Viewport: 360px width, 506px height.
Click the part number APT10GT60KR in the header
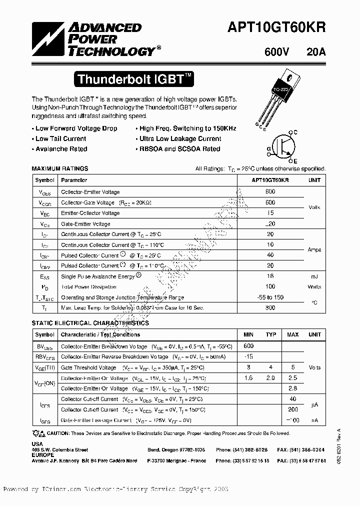pyautogui.click(x=284, y=28)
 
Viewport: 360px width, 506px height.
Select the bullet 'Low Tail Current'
pyautogui.click(x=60, y=138)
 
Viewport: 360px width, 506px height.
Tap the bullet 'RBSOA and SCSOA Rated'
pyautogui.click(x=179, y=149)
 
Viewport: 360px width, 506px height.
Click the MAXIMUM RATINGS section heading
pyautogui.click(x=59, y=169)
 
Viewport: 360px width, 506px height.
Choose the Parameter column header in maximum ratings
pyautogui.click(x=73, y=180)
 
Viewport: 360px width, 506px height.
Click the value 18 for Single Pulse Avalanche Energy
pyautogui.click(x=270, y=276)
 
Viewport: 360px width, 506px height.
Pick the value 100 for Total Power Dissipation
pyautogui.click(x=270, y=287)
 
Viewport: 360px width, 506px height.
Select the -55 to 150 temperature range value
pyautogui.click(x=270, y=297)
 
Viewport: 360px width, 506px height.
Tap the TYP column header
pyautogui.click(x=270, y=334)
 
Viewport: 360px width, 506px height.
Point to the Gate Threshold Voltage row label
pyautogui.click(x=88, y=367)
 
